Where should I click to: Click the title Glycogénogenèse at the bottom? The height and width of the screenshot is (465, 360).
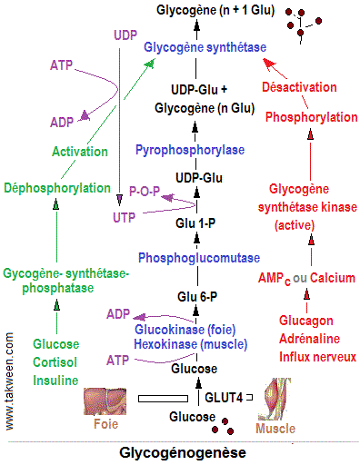[182, 451]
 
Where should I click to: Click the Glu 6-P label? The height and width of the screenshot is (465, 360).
[197, 295]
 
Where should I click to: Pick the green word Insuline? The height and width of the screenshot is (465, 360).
[55, 379]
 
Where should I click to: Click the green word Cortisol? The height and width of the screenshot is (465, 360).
[55, 361]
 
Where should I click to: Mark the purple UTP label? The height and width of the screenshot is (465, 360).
[125, 219]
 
